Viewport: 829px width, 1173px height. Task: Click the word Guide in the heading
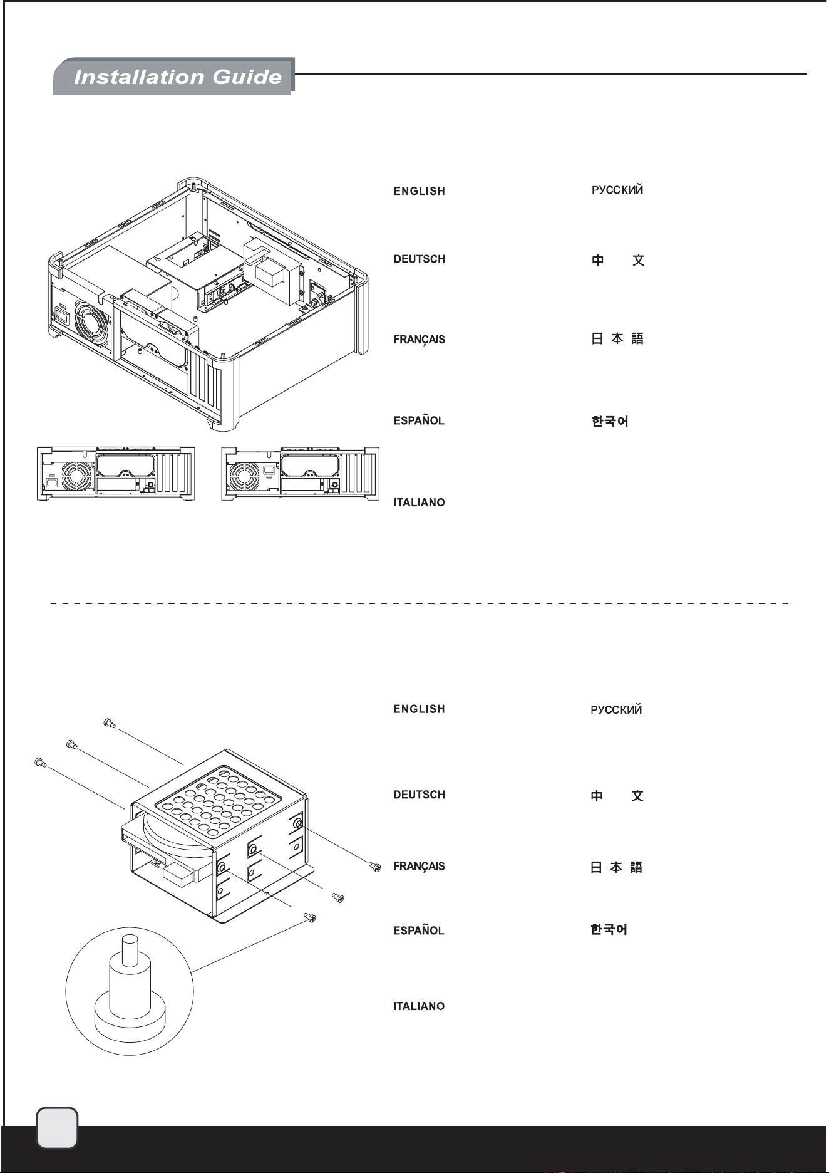pyautogui.click(x=247, y=77)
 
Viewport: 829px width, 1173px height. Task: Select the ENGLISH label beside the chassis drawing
pyautogui.click(x=420, y=191)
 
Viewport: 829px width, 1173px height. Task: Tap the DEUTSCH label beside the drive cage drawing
pyautogui.click(x=420, y=795)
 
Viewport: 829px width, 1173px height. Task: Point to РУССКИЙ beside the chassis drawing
pyautogui.click(x=617, y=190)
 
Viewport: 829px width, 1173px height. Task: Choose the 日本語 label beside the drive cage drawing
pyautogui.click(x=617, y=867)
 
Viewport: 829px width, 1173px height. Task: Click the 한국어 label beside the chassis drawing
pyautogui.click(x=610, y=421)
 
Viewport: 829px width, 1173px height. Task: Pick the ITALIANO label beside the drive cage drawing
pyautogui.click(x=419, y=1006)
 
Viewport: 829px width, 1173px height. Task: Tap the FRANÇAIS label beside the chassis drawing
pyautogui.click(x=420, y=340)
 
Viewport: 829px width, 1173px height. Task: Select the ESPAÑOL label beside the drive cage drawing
pyautogui.click(x=419, y=931)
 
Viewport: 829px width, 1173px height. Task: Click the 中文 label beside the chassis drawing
pyautogui.click(x=618, y=260)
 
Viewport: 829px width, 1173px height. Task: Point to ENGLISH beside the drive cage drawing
pyautogui.click(x=420, y=709)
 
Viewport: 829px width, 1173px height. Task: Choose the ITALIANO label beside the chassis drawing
pyautogui.click(x=420, y=503)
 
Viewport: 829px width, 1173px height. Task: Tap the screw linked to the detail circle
pyautogui.click(x=310, y=918)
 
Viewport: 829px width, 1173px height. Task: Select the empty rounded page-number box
pyautogui.click(x=58, y=1128)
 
